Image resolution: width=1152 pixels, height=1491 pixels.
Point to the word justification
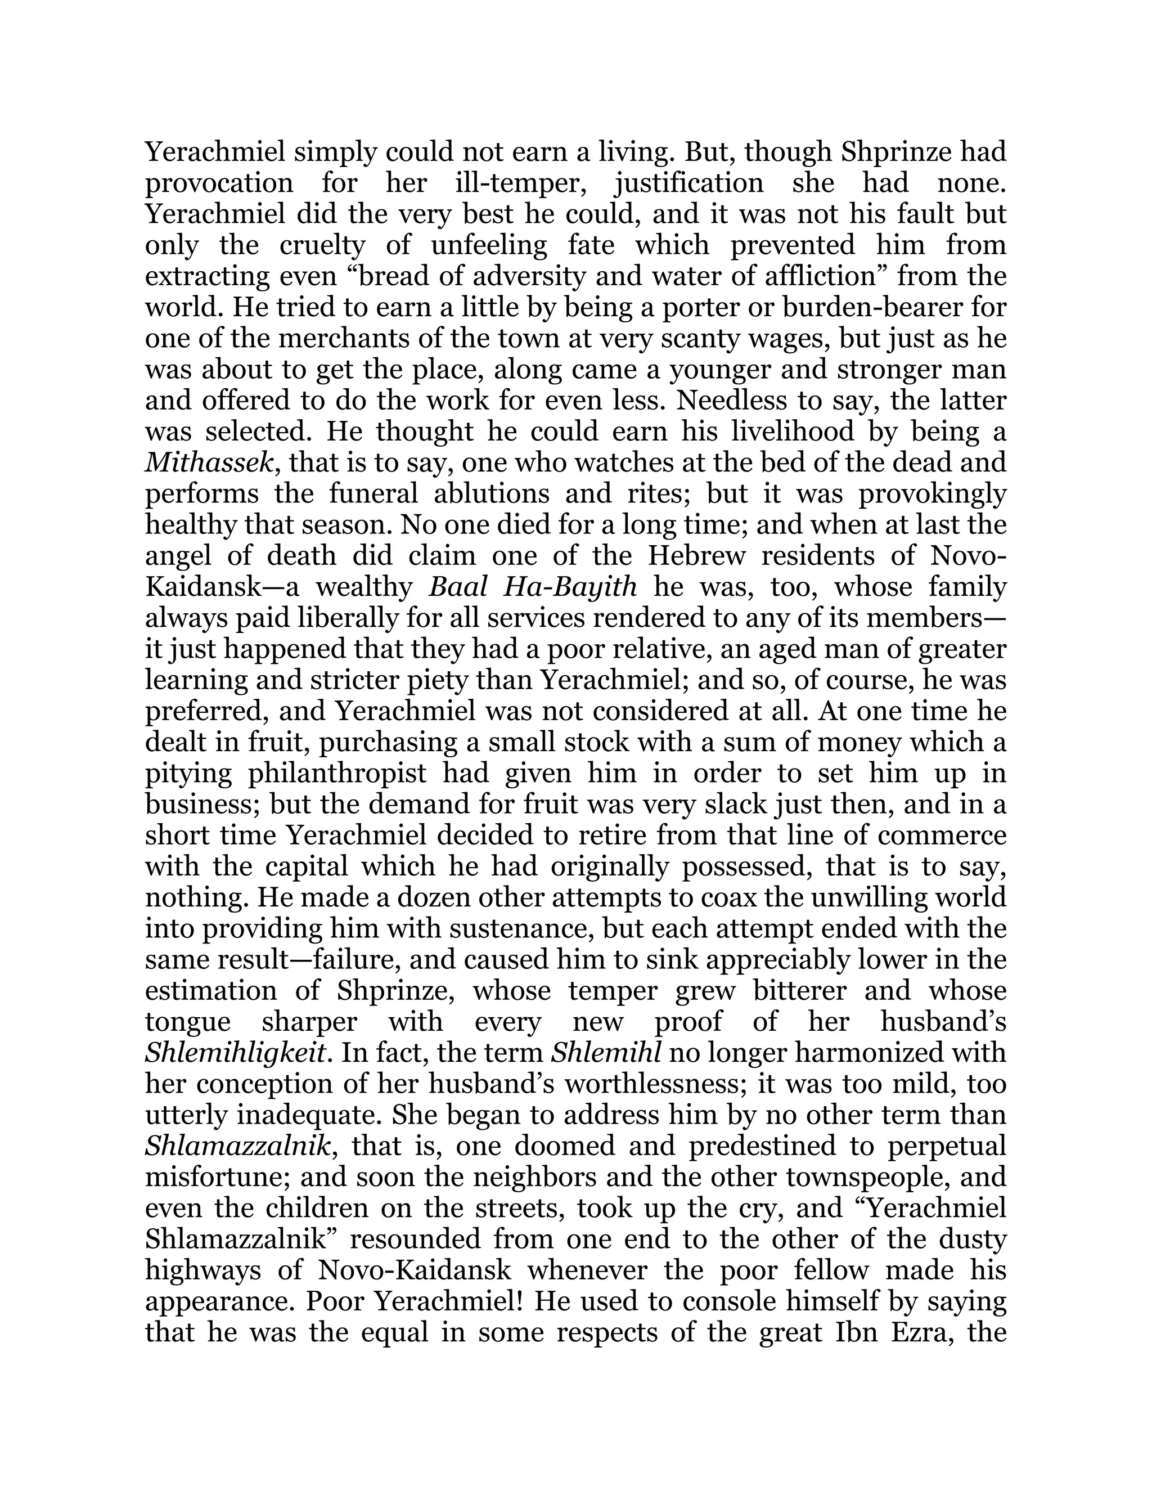click(x=688, y=183)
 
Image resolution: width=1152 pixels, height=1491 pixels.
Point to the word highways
click(x=205, y=1270)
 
